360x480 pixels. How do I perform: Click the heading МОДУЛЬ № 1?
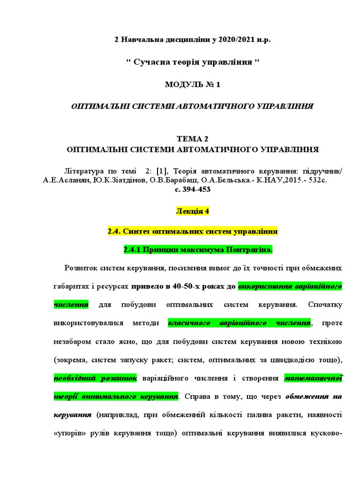pos(192,85)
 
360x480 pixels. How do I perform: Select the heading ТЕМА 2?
pos(192,139)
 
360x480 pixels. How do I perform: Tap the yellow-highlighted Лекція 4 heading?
pos(192,211)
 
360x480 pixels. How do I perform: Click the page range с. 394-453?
pos(192,189)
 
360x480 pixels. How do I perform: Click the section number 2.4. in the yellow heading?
pos(115,232)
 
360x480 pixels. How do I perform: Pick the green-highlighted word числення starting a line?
pos(71,305)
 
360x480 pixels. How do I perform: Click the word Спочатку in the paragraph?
pos(325,305)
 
